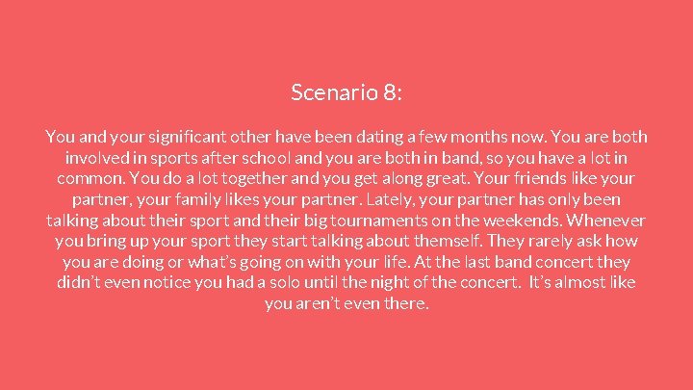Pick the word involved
(x=94, y=158)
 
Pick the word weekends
(x=532, y=221)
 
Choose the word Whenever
(x=609, y=221)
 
